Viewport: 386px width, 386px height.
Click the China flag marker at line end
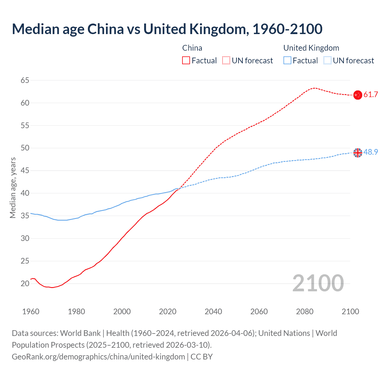pos(358,95)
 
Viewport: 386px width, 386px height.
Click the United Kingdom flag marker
pos(358,153)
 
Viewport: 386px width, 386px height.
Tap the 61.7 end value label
pos(371,95)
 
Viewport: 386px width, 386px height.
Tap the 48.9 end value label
pos(371,152)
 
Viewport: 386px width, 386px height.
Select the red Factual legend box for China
pos(186,61)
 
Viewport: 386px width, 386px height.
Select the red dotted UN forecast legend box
pos(226,61)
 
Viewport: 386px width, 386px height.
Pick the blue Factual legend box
pos(287,61)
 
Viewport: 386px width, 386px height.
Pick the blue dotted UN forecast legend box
pos(327,61)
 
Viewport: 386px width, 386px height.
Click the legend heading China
pos(192,48)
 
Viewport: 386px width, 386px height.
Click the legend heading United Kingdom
pos(311,48)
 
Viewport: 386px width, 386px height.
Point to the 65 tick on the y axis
pos(25,80)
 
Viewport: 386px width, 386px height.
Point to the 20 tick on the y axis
pos(25,283)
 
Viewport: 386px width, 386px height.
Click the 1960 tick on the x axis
pos(31,312)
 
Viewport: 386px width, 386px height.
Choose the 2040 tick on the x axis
pos(213,312)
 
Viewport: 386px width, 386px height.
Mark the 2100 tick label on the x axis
pos(350,312)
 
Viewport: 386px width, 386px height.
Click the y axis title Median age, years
pos(13,188)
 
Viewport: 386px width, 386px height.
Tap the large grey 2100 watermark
pos(318,283)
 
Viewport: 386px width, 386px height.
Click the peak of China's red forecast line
pos(315,88)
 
